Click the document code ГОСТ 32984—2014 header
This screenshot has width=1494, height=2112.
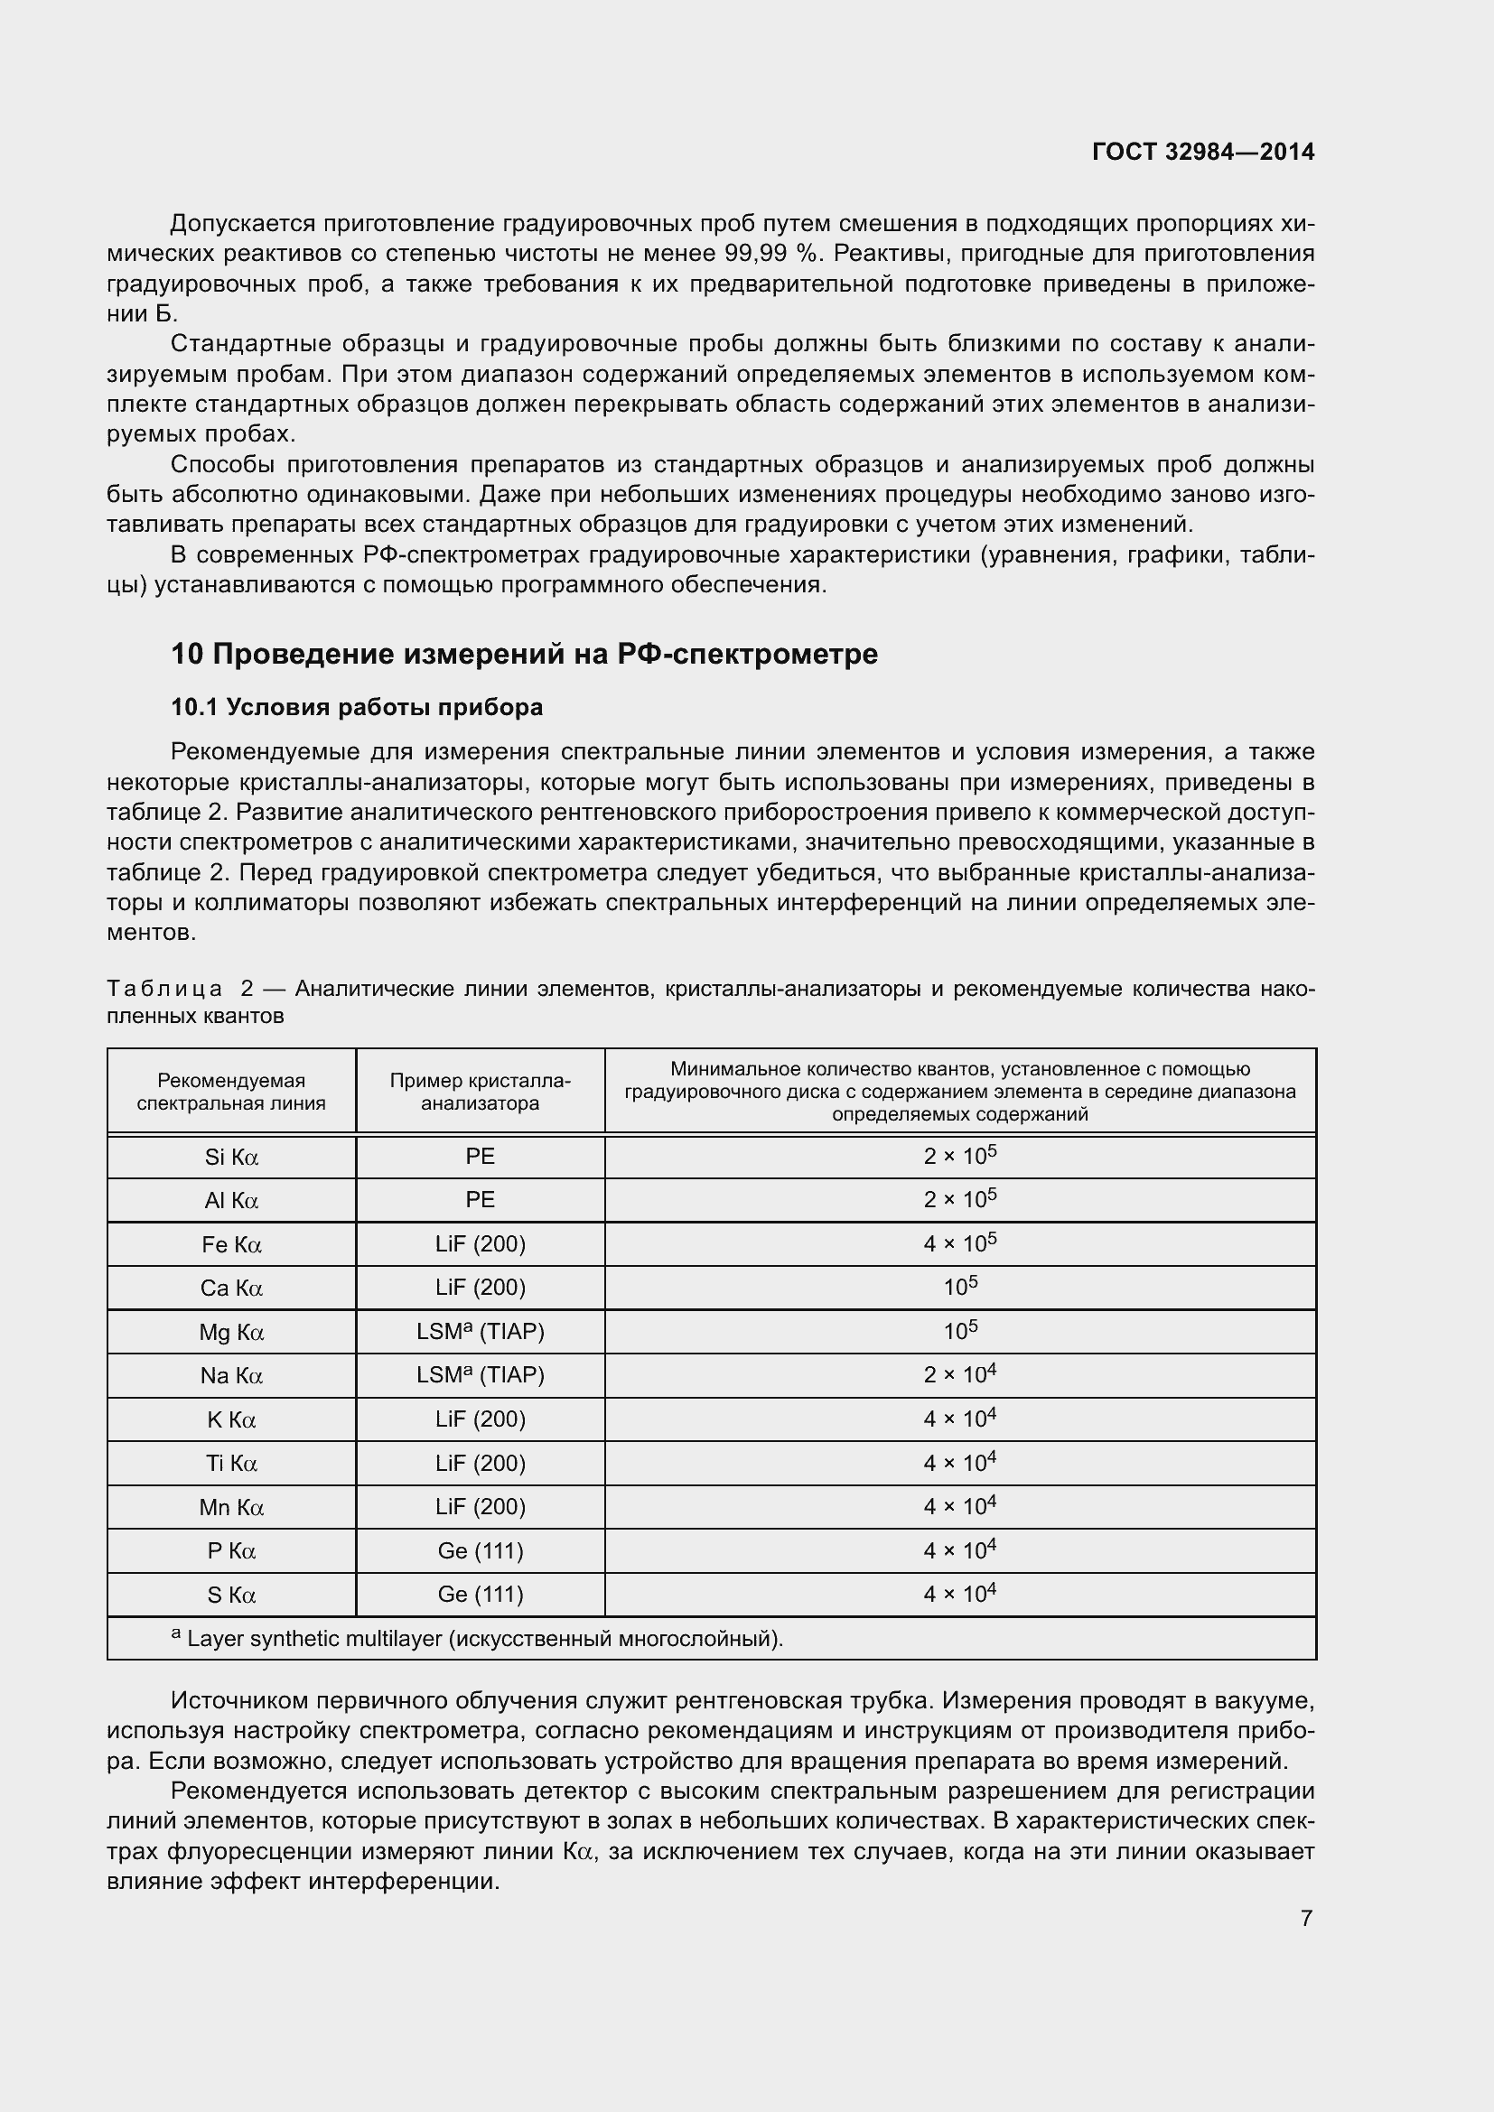(1202, 152)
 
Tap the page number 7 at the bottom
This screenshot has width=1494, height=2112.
(1306, 1918)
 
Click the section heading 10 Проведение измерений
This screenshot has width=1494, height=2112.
(525, 654)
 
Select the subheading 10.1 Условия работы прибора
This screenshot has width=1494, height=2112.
(357, 706)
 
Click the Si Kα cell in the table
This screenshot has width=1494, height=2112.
(231, 1158)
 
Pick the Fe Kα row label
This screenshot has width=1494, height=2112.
(231, 1244)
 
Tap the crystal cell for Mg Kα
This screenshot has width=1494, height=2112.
(481, 1331)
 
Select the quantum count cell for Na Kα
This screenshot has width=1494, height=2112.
(959, 1375)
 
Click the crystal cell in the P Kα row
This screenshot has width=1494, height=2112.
(481, 1551)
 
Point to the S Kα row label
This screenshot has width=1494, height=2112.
(231, 1595)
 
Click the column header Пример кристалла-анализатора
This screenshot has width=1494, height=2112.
(481, 1091)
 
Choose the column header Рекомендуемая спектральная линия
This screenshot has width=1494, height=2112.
(231, 1091)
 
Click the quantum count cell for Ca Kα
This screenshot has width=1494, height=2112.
(959, 1287)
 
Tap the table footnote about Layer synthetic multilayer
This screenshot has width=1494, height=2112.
(479, 1639)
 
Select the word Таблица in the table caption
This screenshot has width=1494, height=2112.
(163, 989)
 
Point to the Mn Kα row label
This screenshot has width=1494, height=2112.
(231, 1507)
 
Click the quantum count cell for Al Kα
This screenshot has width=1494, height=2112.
(959, 1199)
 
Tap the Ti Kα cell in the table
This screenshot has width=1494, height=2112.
(231, 1463)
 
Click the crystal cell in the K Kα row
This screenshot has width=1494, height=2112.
(481, 1419)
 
